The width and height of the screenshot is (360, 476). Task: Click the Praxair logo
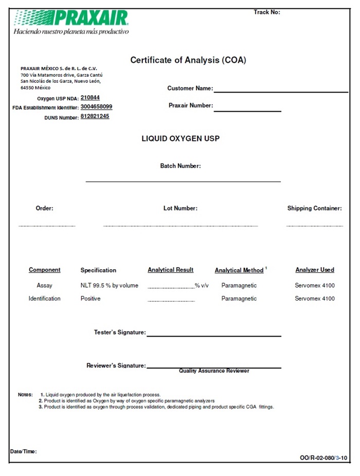point(71,19)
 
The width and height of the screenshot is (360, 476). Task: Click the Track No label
point(266,12)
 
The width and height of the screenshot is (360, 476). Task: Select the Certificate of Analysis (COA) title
point(188,60)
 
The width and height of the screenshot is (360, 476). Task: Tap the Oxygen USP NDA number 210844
point(90,97)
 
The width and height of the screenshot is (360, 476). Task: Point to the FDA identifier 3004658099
point(96,107)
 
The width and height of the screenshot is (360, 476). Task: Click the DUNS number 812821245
point(95,116)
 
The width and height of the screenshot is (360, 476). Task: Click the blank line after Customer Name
point(281,91)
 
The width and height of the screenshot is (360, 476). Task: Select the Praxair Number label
point(190,105)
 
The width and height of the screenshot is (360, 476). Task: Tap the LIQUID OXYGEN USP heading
point(181,138)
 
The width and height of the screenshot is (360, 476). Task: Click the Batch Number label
point(181,166)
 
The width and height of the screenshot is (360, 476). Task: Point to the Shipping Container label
point(314,208)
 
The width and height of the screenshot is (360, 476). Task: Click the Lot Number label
point(181,208)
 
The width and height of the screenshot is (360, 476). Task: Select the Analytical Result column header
point(170,270)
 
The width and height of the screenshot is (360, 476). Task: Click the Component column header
point(44,270)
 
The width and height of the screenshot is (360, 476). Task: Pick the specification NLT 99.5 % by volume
point(109,285)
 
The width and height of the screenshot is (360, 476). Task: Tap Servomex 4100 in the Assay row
point(314,285)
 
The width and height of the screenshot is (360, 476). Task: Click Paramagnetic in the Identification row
point(239,298)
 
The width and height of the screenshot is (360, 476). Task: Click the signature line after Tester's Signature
point(214,336)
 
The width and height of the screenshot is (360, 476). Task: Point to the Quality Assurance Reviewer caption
point(214,371)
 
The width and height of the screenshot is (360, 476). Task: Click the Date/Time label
point(23,451)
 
